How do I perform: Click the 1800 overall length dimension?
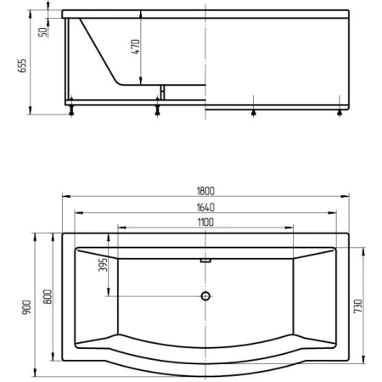[x=205, y=191]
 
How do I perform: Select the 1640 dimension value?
[x=205, y=207]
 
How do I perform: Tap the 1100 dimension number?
[x=205, y=222]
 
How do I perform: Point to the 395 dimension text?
[x=104, y=265]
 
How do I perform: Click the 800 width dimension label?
[x=48, y=296]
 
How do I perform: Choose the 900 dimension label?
[x=27, y=307]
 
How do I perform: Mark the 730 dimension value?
[x=358, y=306]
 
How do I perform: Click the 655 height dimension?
[x=22, y=65]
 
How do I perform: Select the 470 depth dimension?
[x=136, y=47]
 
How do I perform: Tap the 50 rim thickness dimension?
[x=42, y=32]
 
